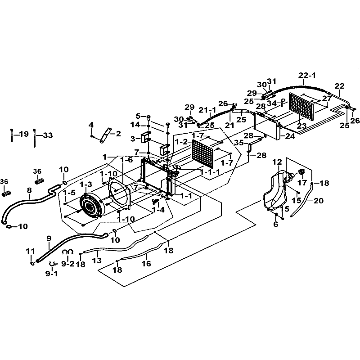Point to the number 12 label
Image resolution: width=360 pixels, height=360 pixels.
(277, 162)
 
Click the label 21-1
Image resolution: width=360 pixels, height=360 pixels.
(208, 110)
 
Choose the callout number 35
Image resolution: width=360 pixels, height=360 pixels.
(239, 143)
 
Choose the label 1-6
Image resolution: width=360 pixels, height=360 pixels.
(127, 160)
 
